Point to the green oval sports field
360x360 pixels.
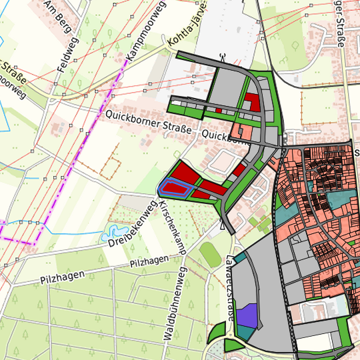(211, 253)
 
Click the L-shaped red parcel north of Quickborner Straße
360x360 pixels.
(251, 102)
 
